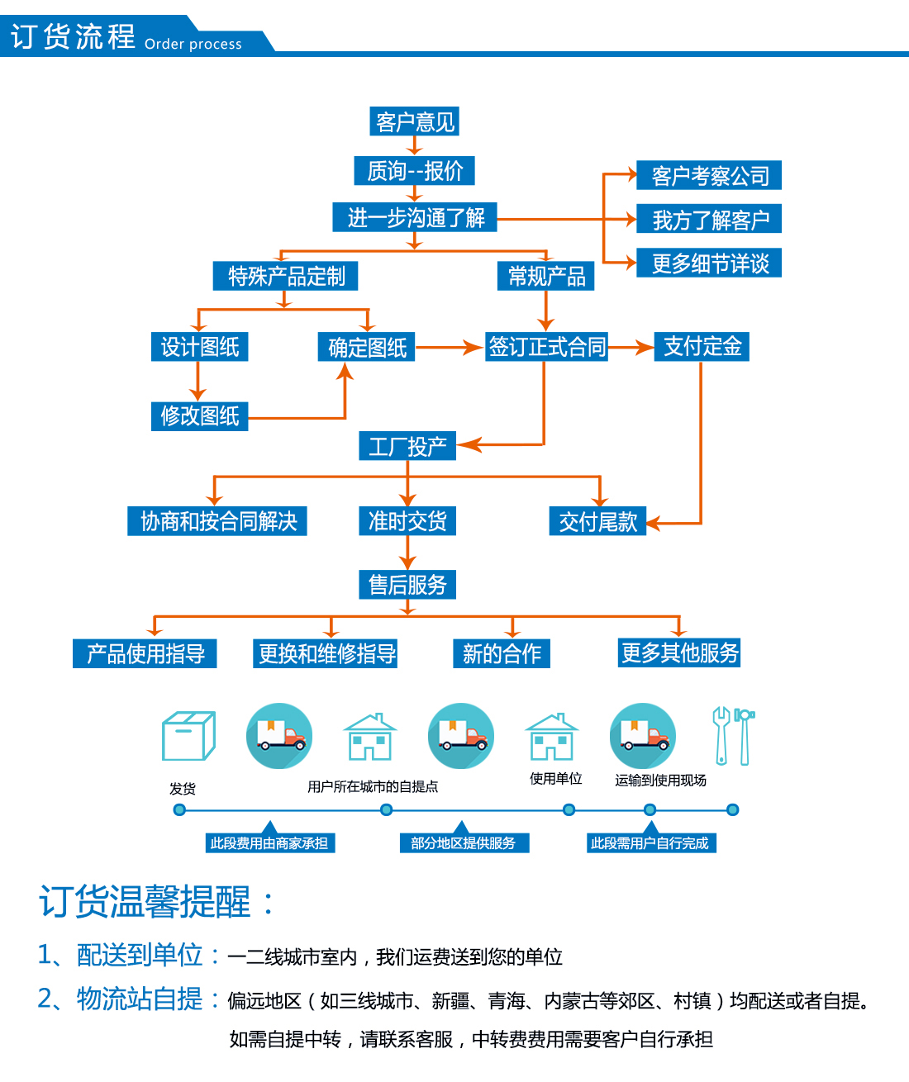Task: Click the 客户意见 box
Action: (414, 121)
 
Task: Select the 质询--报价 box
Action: (414, 170)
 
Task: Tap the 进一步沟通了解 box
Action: (415, 217)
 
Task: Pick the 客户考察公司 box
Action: (709, 175)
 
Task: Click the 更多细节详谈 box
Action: (709, 263)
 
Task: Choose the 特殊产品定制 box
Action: (285, 276)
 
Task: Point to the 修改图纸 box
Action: (200, 416)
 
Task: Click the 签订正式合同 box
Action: (546, 346)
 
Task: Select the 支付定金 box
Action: (702, 346)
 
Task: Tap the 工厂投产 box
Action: (407, 446)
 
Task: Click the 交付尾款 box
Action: (598, 521)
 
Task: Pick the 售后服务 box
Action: (407, 585)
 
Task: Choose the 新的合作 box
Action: (502, 653)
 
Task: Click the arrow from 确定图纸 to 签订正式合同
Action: (450, 347)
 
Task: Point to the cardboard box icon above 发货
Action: (188, 736)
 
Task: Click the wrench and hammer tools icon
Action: (733, 736)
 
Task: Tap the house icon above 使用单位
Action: (552, 737)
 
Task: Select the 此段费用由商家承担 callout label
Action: (270, 842)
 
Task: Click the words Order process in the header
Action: (193, 44)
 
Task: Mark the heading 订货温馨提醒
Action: (145, 902)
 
